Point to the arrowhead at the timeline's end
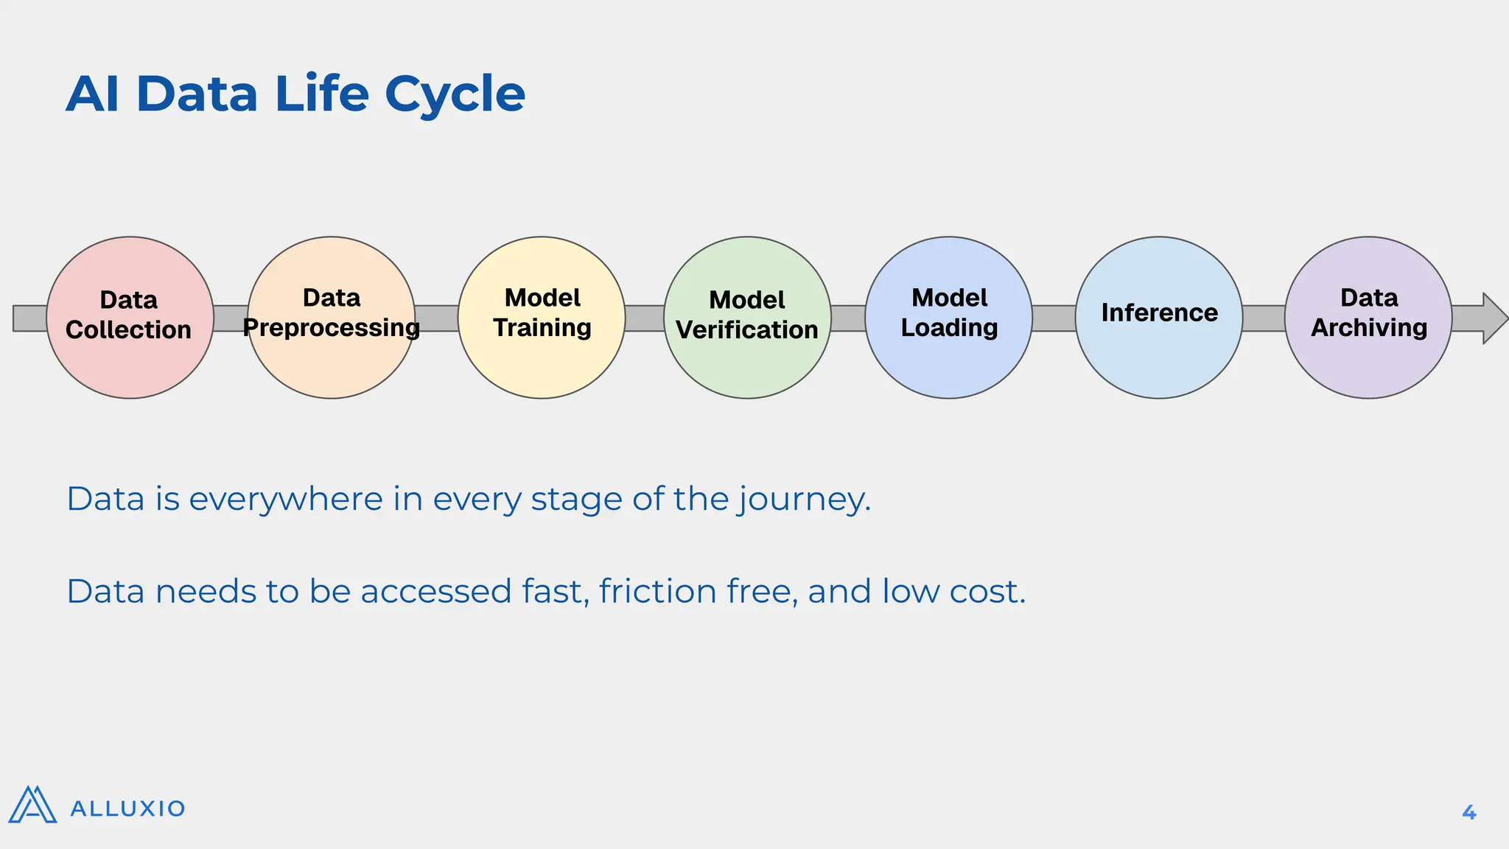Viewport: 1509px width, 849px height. [x=1493, y=318]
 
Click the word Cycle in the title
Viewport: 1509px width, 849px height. [x=455, y=94]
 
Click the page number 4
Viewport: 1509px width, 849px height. [x=1468, y=812]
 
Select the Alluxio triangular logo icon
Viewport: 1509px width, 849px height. [x=32, y=805]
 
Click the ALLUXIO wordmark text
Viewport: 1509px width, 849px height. [x=127, y=808]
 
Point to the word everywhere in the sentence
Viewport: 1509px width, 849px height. [x=286, y=500]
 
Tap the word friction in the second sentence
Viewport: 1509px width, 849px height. [x=657, y=591]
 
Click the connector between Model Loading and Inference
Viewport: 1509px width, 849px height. [x=1054, y=318]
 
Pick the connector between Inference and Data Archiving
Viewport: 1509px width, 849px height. [x=1264, y=318]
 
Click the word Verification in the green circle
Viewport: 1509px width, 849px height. [x=747, y=330]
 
